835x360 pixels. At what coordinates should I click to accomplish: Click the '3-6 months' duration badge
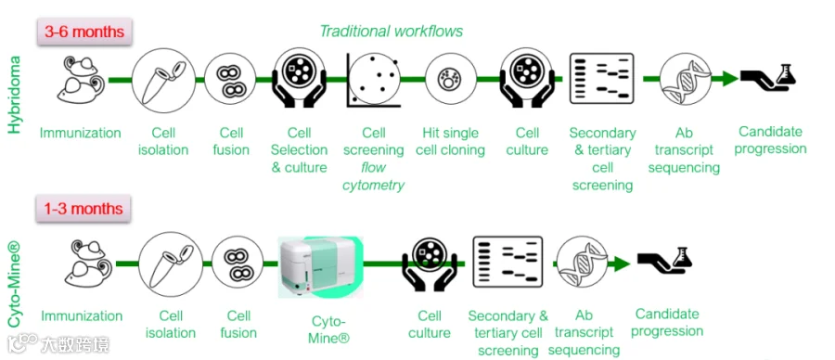pyautogui.click(x=84, y=32)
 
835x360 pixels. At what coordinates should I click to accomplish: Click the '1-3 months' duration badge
pyautogui.click(x=83, y=208)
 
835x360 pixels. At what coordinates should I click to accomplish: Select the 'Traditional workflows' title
pyautogui.click(x=391, y=32)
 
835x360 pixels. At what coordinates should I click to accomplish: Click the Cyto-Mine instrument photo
pyautogui.click(x=321, y=267)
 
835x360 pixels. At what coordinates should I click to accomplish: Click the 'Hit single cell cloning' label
pyautogui.click(x=450, y=141)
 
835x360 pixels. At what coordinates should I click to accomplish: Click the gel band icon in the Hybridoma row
pyautogui.click(x=602, y=78)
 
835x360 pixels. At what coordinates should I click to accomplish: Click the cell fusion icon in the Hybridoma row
pyautogui.click(x=231, y=80)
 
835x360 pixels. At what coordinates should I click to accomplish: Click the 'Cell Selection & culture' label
pyautogui.click(x=299, y=149)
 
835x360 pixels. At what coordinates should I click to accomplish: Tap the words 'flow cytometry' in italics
pyautogui.click(x=373, y=176)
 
